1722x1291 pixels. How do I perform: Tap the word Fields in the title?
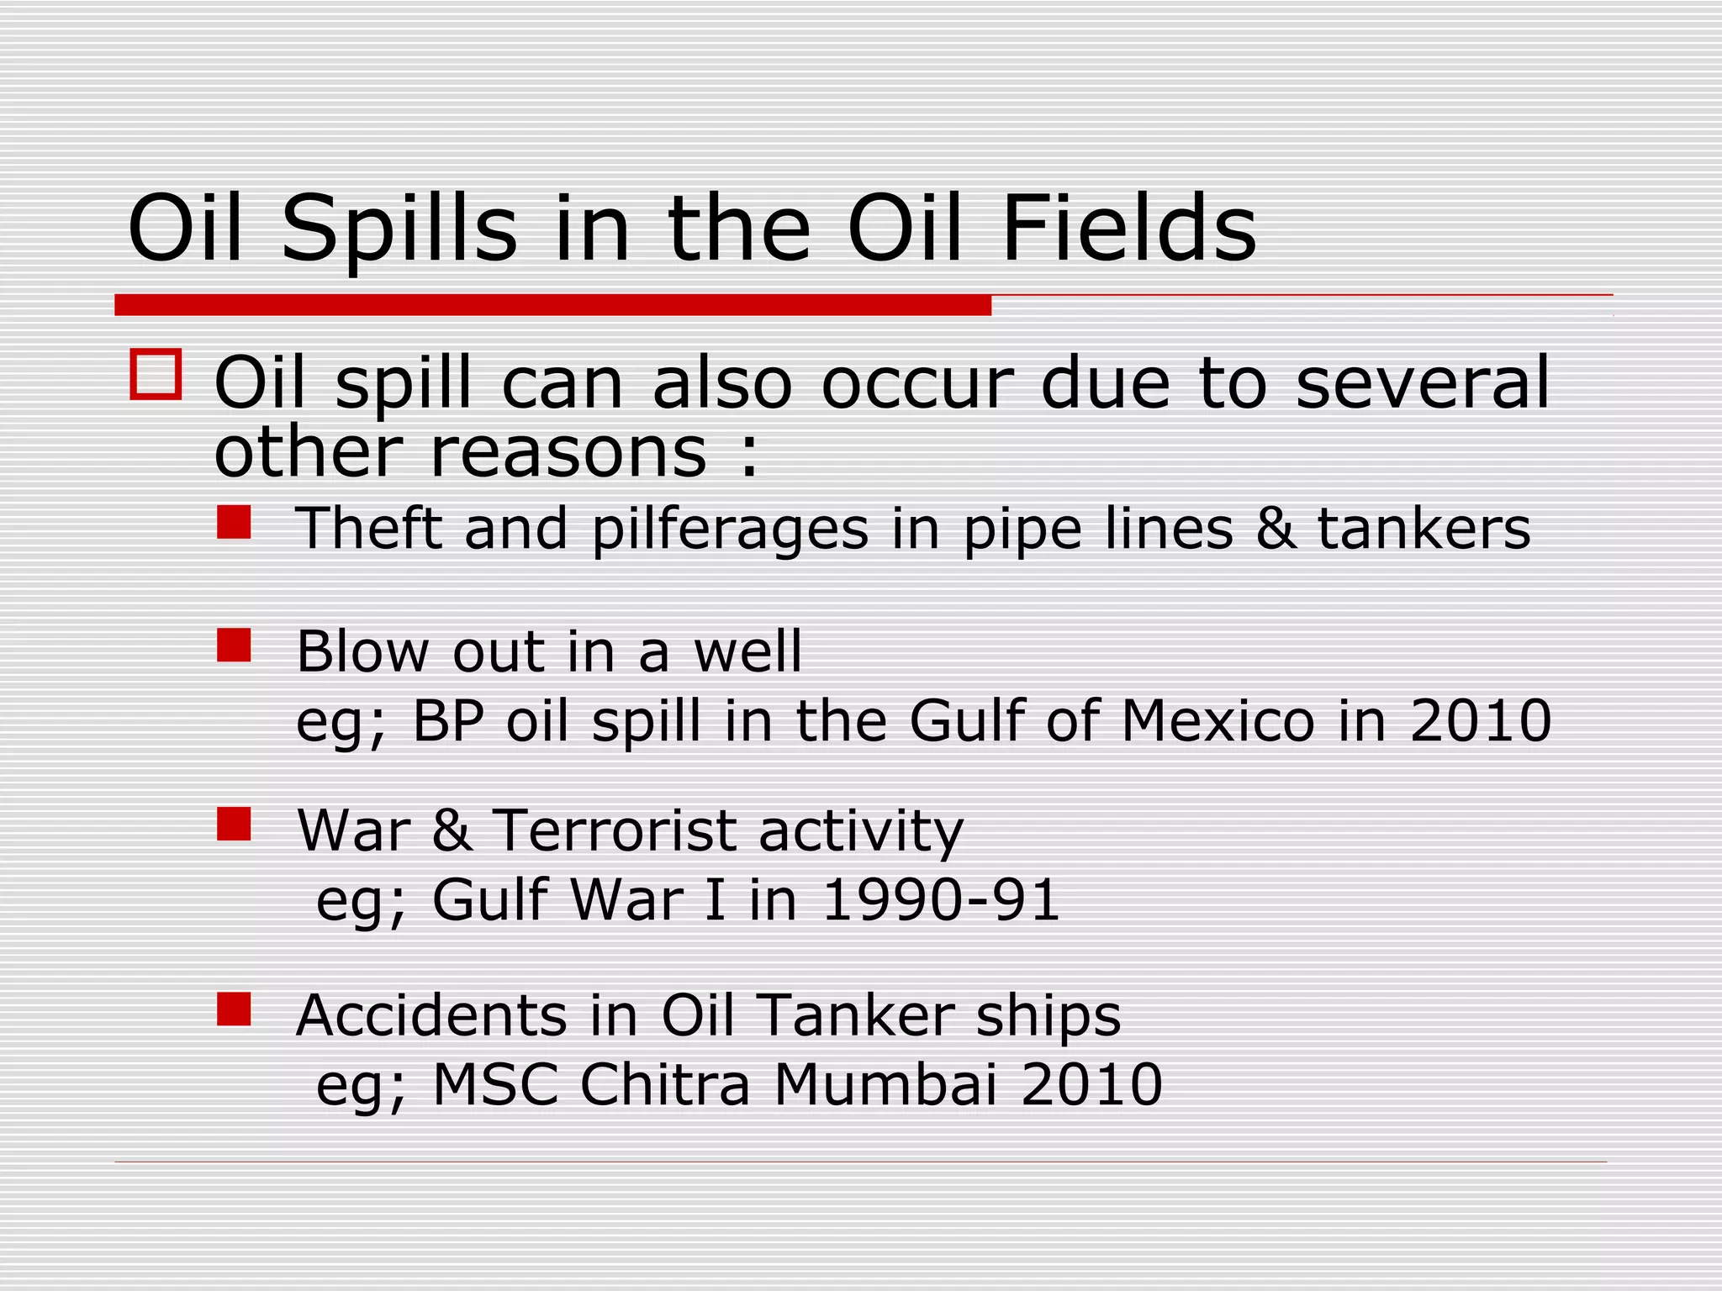point(1128,228)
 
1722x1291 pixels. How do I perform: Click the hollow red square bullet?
point(156,374)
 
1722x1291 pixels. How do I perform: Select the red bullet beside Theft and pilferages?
point(234,522)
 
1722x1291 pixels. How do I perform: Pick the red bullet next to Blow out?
point(234,645)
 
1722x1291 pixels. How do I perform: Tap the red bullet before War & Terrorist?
point(234,825)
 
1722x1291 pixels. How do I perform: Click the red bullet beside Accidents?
point(234,1009)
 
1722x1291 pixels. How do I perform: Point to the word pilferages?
point(730,530)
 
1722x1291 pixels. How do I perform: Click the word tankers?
point(1424,529)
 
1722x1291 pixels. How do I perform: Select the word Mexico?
point(1218,721)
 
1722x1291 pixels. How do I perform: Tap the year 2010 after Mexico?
point(1481,721)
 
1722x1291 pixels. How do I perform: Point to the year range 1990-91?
point(940,900)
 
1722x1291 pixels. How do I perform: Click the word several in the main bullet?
point(1422,383)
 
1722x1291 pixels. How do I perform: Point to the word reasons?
point(568,454)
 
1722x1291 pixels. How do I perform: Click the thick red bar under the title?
point(552,305)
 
